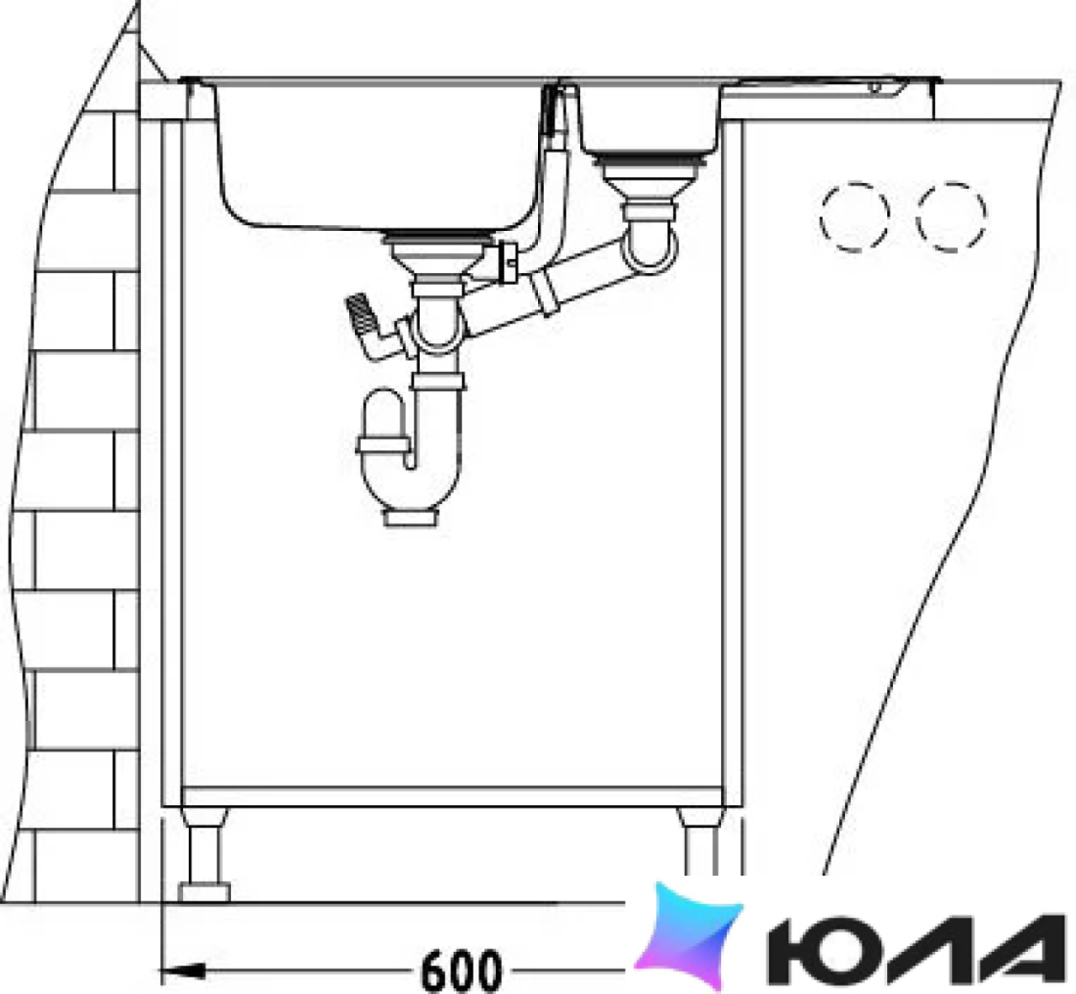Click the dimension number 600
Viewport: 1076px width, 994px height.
pyautogui.click(x=461, y=970)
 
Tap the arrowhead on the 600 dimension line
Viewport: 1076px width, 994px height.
pyautogui.click(x=182, y=971)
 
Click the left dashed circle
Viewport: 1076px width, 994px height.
pyautogui.click(x=854, y=217)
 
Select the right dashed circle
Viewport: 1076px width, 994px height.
pyautogui.click(x=951, y=217)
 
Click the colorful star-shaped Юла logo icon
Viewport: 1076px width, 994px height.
pyautogui.click(x=689, y=936)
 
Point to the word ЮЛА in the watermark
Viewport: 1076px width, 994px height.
pyautogui.click(x=916, y=951)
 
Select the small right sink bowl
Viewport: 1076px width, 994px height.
pyautogui.click(x=648, y=120)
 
